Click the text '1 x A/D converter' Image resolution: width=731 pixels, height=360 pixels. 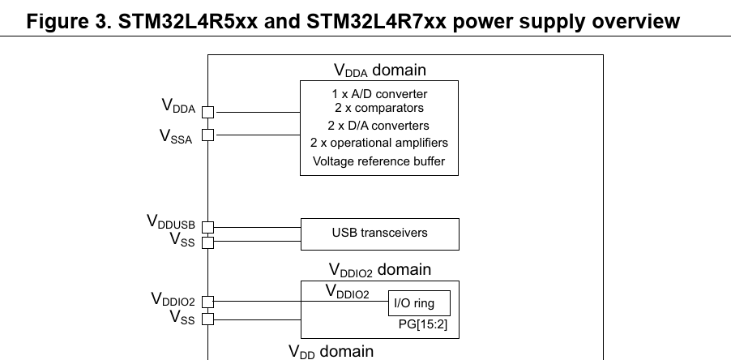pyautogui.click(x=379, y=94)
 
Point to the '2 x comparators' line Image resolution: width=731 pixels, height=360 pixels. pyautogui.click(x=379, y=108)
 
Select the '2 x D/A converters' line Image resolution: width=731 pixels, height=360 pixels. pyautogui.click(x=379, y=126)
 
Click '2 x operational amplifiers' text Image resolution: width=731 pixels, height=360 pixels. pyautogui.click(x=379, y=143)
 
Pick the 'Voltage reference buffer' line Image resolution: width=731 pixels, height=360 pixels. pyautogui.click(x=379, y=161)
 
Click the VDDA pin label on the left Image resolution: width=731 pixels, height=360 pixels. pyautogui.click(x=178, y=106)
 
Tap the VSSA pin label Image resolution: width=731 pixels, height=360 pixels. pyautogui.click(x=176, y=136)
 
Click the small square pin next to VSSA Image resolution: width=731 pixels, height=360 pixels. pyautogui.click(x=207, y=135)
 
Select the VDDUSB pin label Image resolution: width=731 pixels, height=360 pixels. pyautogui.click(x=170, y=221)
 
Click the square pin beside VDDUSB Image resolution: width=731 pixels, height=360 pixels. pyautogui.click(x=207, y=227)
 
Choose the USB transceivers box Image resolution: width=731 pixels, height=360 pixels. pyautogui.click(x=379, y=234)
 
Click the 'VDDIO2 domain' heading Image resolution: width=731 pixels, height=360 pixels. pyautogui.click(x=379, y=269)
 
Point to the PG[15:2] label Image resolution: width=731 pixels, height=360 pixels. pyautogui.click(x=426, y=327)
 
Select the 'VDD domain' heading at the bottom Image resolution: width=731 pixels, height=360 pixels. pyautogui.click(x=331, y=351)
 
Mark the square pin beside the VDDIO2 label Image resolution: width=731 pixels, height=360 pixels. pyautogui.click(x=207, y=302)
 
